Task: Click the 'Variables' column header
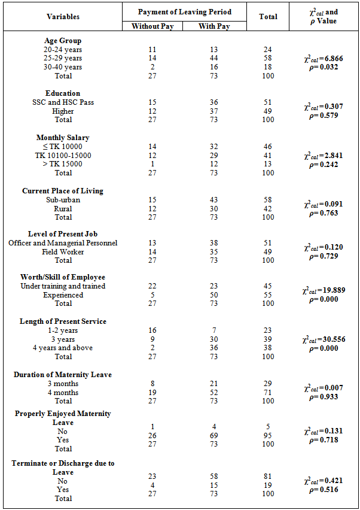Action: (x=63, y=16)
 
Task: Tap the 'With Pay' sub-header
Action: (x=214, y=26)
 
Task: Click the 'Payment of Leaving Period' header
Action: (x=184, y=12)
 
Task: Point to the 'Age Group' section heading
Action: (x=63, y=41)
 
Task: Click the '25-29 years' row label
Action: (x=63, y=58)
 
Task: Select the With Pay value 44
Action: (x=214, y=58)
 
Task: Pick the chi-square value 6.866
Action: (x=324, y=59)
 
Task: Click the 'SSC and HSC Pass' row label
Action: (x=63, y=102)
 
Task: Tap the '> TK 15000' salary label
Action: (x=63, y=164)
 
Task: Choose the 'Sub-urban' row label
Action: (x=63, y=199)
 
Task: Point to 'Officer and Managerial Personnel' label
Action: (x=63, y=243)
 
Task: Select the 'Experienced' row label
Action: (x=63, y=295)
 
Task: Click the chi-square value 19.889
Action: (x=324, y=291)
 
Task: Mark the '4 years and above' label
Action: (x=63, y=348)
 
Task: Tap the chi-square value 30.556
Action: (x=324, y=339)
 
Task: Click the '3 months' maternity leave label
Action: (x=63, y=384)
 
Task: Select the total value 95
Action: (x=267, y=435)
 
